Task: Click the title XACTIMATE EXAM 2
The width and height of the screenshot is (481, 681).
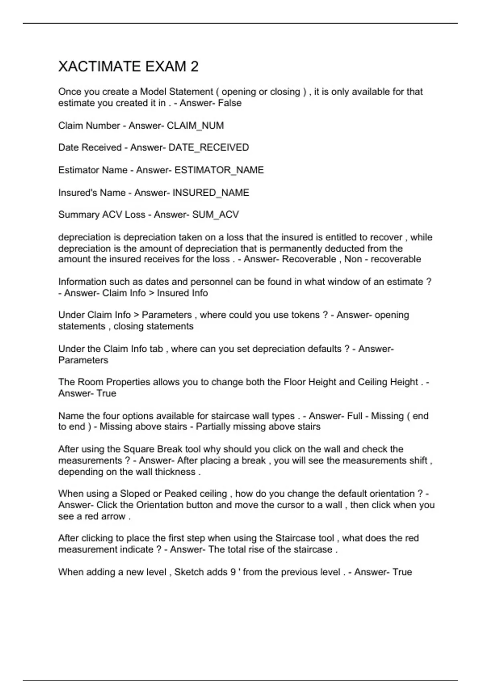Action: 128,66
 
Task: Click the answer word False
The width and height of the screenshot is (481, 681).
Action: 230,103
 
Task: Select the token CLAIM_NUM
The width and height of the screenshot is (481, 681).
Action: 195,125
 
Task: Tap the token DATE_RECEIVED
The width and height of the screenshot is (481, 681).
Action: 208,147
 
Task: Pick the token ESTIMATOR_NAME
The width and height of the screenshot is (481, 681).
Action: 219,170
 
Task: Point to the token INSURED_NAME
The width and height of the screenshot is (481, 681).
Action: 210,193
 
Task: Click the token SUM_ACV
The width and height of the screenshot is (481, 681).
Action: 215,215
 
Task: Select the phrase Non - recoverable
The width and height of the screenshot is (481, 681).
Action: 382,259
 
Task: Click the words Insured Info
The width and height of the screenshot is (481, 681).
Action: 182,293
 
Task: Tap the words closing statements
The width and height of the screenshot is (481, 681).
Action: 153,326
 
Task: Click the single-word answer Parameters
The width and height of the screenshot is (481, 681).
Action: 83,360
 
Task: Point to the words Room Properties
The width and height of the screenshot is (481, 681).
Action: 108,382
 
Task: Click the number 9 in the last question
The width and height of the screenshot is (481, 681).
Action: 233,572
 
